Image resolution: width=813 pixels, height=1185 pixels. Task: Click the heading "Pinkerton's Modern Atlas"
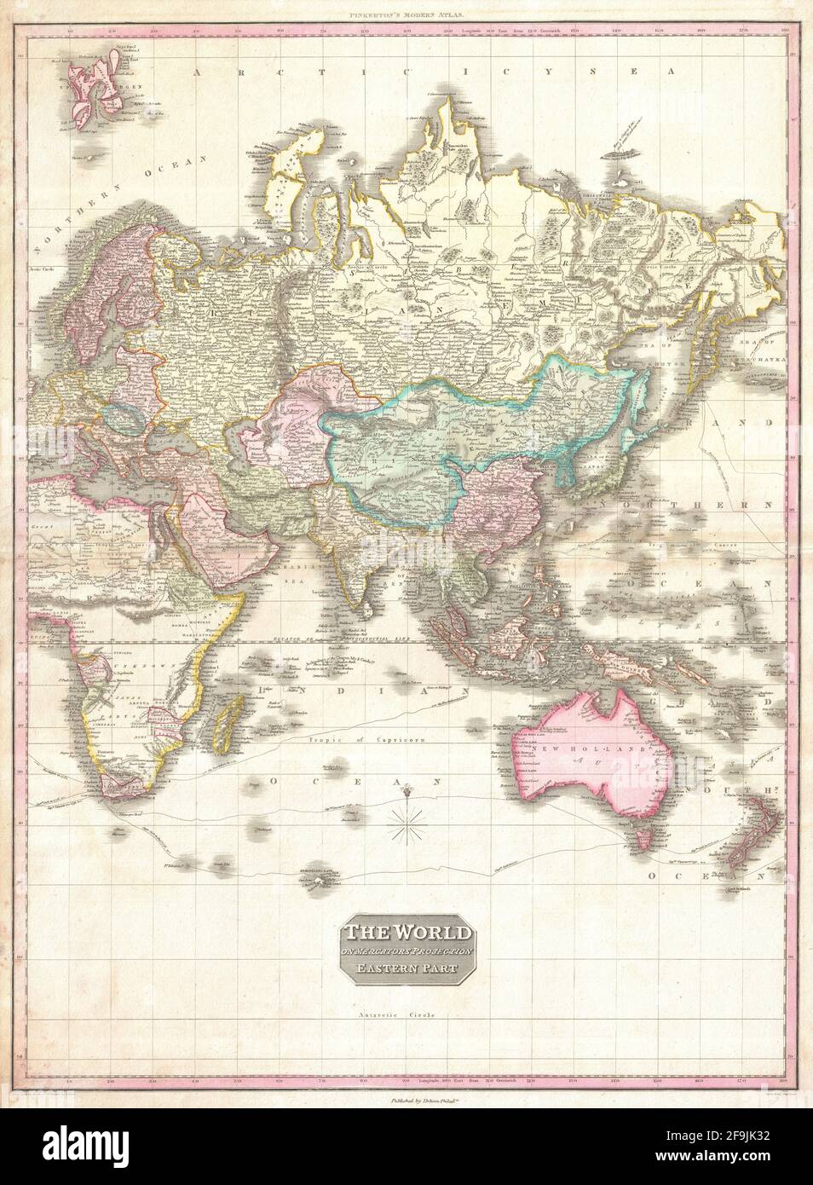click(x=406, y=14)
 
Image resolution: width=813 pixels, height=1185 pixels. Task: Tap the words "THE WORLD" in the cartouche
click(x=406, y=932)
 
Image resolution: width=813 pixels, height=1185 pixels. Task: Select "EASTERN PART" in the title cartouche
click(x=406, y=968)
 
